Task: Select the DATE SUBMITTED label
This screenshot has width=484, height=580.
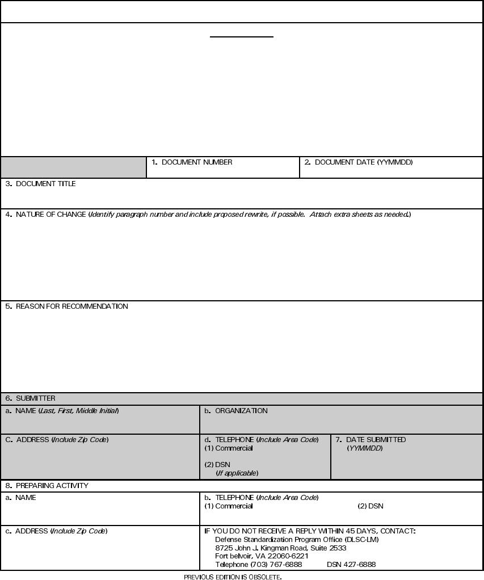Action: coord(376,440)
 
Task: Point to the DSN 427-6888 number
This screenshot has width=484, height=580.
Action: coord(351,565)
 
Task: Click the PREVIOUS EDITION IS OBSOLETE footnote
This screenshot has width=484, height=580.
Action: coord(233,577)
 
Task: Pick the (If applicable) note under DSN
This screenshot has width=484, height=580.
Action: coord(237,473)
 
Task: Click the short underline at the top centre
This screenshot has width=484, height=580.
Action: coord(242,37)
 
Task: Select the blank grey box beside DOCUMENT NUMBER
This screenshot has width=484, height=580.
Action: coord(73,167)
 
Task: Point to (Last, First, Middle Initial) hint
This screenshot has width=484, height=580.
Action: coord(79,411)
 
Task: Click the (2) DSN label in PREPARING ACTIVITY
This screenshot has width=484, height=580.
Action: coord(371,506)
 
